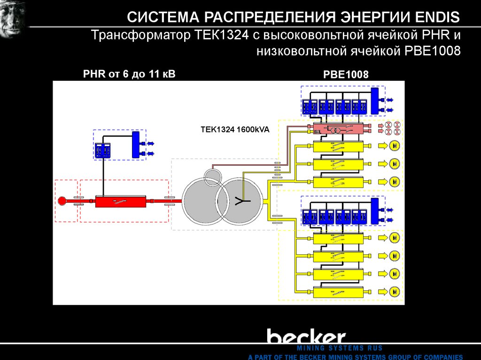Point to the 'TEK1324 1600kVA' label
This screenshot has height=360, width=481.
click(235, 130)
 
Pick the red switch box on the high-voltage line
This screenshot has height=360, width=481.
click(121, 202)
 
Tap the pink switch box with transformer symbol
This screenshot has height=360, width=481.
click(338, 129)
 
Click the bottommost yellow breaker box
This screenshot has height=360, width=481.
click(338, 292)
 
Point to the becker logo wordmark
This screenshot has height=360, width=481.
click(306, 337)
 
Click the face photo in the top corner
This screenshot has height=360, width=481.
click(13, 18)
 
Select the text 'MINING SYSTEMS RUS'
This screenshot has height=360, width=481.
click(339, 348)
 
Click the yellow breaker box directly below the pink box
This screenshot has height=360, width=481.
click(338, 146)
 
